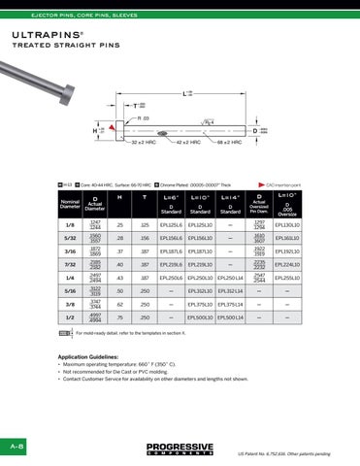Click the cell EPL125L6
coord(171,225)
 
